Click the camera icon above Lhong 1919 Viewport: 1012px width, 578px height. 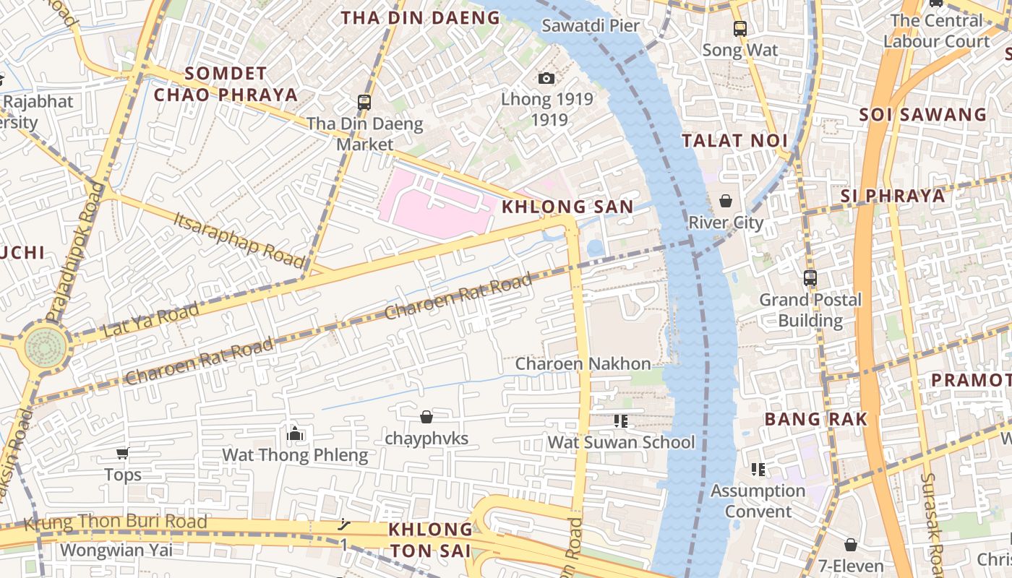coord(546,78)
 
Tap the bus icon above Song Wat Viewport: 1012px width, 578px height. coord(740,29)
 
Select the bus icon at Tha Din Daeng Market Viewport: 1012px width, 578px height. coord(364,102)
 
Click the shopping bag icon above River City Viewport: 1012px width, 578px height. coord(726,201)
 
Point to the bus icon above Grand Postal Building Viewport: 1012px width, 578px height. coord(810,277)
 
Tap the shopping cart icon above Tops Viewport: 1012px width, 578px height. coord(122,454)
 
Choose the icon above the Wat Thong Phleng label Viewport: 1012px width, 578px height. coord(294,433)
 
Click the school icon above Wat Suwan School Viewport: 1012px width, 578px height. coord(620,420)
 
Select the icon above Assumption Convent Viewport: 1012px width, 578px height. coord(758,470)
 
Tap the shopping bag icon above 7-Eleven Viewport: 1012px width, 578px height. coord(851,544)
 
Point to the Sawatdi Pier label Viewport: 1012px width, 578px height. coord(591,25)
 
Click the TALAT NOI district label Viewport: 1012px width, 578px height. coord(734,141)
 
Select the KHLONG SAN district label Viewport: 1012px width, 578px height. coord(567,207)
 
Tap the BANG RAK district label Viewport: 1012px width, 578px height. coord(815,419)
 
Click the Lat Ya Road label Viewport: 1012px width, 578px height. coord(150,320)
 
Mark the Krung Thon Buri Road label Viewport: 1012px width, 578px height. coord(116,522)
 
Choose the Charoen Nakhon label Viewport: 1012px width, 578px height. coord(583,363)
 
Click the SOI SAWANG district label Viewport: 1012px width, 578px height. coord(922,114)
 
